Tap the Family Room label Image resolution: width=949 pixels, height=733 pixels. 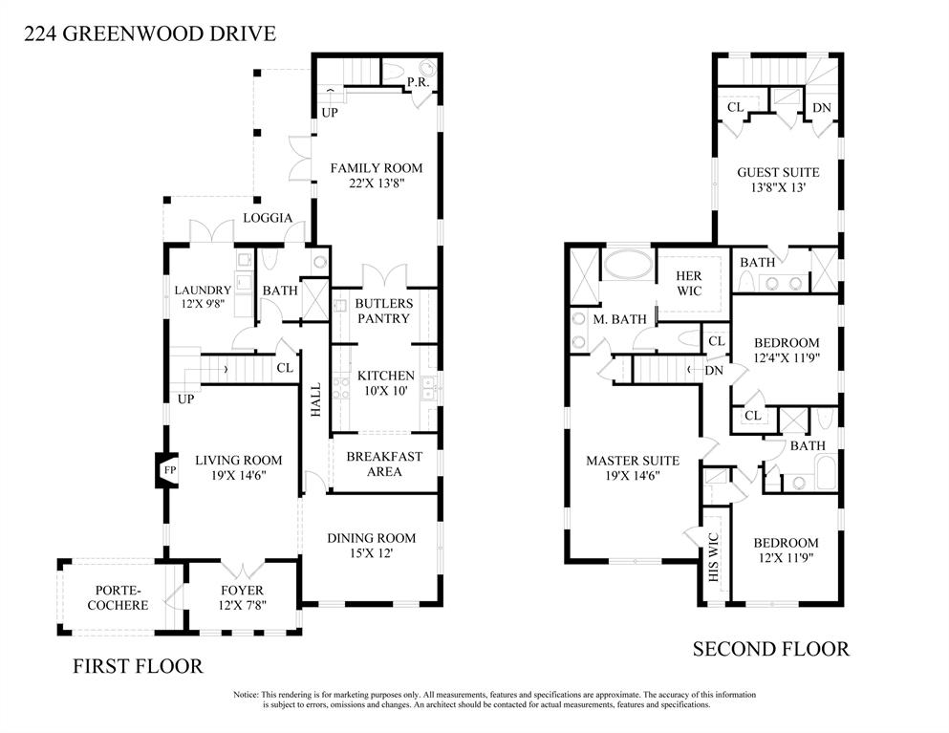click(377, 168)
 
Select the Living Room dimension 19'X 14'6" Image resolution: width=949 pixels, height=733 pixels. click(239, 476)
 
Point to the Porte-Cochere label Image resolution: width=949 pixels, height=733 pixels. click(118, 597)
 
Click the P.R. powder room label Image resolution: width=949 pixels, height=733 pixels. click(419, 82)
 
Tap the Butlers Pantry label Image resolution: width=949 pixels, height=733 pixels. click(384, 312)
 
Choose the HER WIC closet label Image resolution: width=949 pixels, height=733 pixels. click(689, 283)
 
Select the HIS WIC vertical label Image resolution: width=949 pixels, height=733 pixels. click(713, 557)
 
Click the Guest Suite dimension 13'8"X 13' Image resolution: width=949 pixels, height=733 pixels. click(778, 187)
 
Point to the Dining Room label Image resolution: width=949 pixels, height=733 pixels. click(371, 538)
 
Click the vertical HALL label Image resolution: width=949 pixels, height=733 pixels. click(316, 399)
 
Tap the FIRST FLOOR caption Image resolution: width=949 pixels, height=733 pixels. click(138, 666)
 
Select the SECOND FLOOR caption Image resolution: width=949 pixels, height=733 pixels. click(771, 649)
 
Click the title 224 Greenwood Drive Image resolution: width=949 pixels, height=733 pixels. click(150, 32)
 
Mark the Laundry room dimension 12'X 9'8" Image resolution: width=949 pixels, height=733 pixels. click(203, 305)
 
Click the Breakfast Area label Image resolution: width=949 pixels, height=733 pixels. click(384, 464)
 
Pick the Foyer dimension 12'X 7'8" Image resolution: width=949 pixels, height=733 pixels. click(243, 605)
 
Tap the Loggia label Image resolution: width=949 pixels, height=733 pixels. click(268, 218)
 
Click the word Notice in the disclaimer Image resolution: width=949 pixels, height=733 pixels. click(246, 695)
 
